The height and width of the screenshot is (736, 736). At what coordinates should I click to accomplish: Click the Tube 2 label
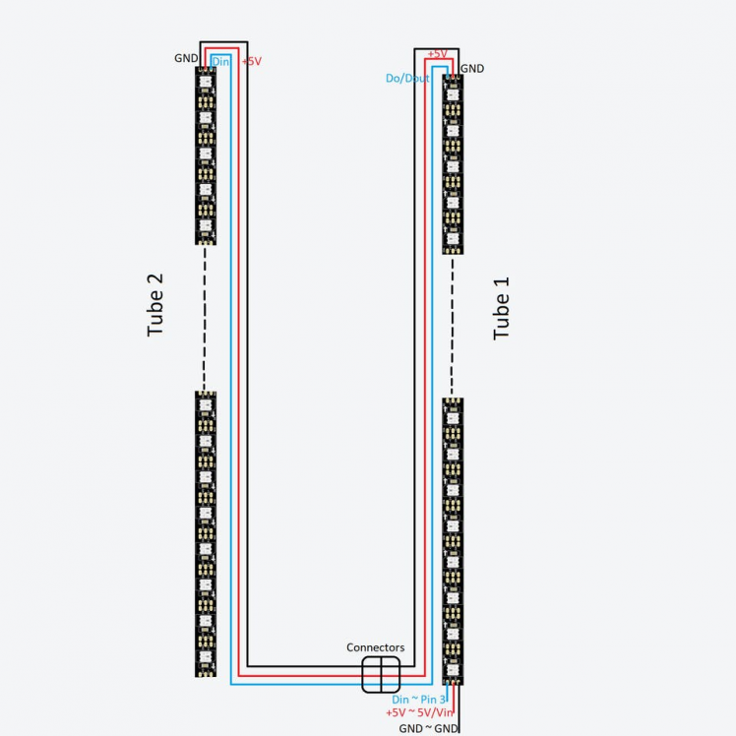point(155,305)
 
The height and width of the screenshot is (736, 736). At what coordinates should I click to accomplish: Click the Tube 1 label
point(502,308)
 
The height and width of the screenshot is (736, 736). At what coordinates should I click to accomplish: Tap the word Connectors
point(375,647)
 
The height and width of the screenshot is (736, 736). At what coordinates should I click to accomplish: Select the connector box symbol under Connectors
point(381,675)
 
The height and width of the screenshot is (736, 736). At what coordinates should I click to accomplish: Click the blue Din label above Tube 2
point(220,61)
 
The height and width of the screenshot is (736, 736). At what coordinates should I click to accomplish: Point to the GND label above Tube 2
point(186,58)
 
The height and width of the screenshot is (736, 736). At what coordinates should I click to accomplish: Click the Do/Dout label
point(407,78)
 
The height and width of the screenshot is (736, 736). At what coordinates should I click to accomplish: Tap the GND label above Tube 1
point(472,69)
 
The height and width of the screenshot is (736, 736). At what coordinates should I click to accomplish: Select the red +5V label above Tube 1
point(438,53)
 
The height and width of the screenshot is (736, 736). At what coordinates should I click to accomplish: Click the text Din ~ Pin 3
point(426,698)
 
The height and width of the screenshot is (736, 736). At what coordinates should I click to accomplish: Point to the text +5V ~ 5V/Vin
point(420,711)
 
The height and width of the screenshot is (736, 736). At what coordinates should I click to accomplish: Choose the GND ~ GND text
point(429,727)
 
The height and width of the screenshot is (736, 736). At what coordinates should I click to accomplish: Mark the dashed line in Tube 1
point(453,325)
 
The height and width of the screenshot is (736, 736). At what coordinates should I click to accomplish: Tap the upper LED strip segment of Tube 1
point(453,163)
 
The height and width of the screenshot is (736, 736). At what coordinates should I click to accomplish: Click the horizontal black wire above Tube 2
point(223,41)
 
